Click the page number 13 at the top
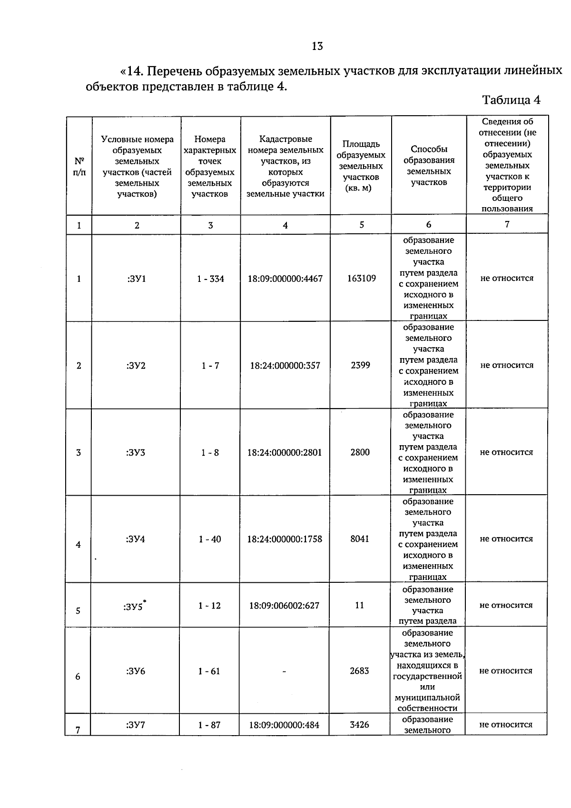pyautogui.click(x=317, y=46)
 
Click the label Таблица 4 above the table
pyautogui.click(x=511, y=100)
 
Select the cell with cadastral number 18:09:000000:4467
pyautogui.click(x=285, y=279)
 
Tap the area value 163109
pyautogui.click(x=361, y=278)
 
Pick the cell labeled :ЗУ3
pyautogui.click(x=136, y=452)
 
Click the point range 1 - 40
pyautogui.click(x=210, y=539)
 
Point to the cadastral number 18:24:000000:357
pyautogui.click(x=285, y=366)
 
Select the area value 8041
pyautogui.click(x=360, y=539)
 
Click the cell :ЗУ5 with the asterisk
pyautogui.click(x=135, y=606)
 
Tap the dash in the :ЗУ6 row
pyautogui.click(x=284, y=671)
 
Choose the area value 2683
pyautogui.click(x=359, y=670)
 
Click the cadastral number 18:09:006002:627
pyautogui.click(x=284, y=606)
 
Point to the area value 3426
pyautogui.click(x=359, y=724)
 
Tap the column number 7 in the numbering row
pyautogui.click(x=507, y=224)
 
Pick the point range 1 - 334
pyautogui.click(x=210, y=279)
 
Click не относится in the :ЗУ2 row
pyautogui.click(x=507, y=365)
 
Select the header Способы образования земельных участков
pyautogui.click(x=429, y=166)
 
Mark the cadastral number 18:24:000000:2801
pyautogui.click(x=285, y=452)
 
